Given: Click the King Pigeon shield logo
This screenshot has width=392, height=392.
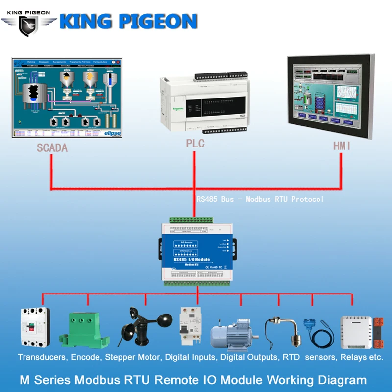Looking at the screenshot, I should coord(28,25).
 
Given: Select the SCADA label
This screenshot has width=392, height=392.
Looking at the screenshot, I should coord(52,147).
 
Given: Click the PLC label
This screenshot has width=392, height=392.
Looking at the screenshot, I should coord(195,144).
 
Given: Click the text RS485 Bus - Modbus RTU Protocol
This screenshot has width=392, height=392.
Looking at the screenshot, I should coord(260,199).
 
